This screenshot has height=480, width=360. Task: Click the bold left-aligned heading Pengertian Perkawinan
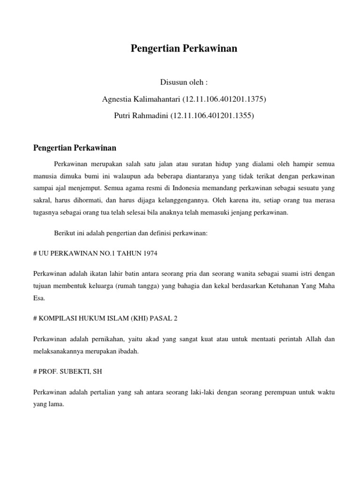pos(75,148)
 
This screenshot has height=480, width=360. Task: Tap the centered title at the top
pos(184,49)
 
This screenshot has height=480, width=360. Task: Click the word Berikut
pos(65,232)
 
